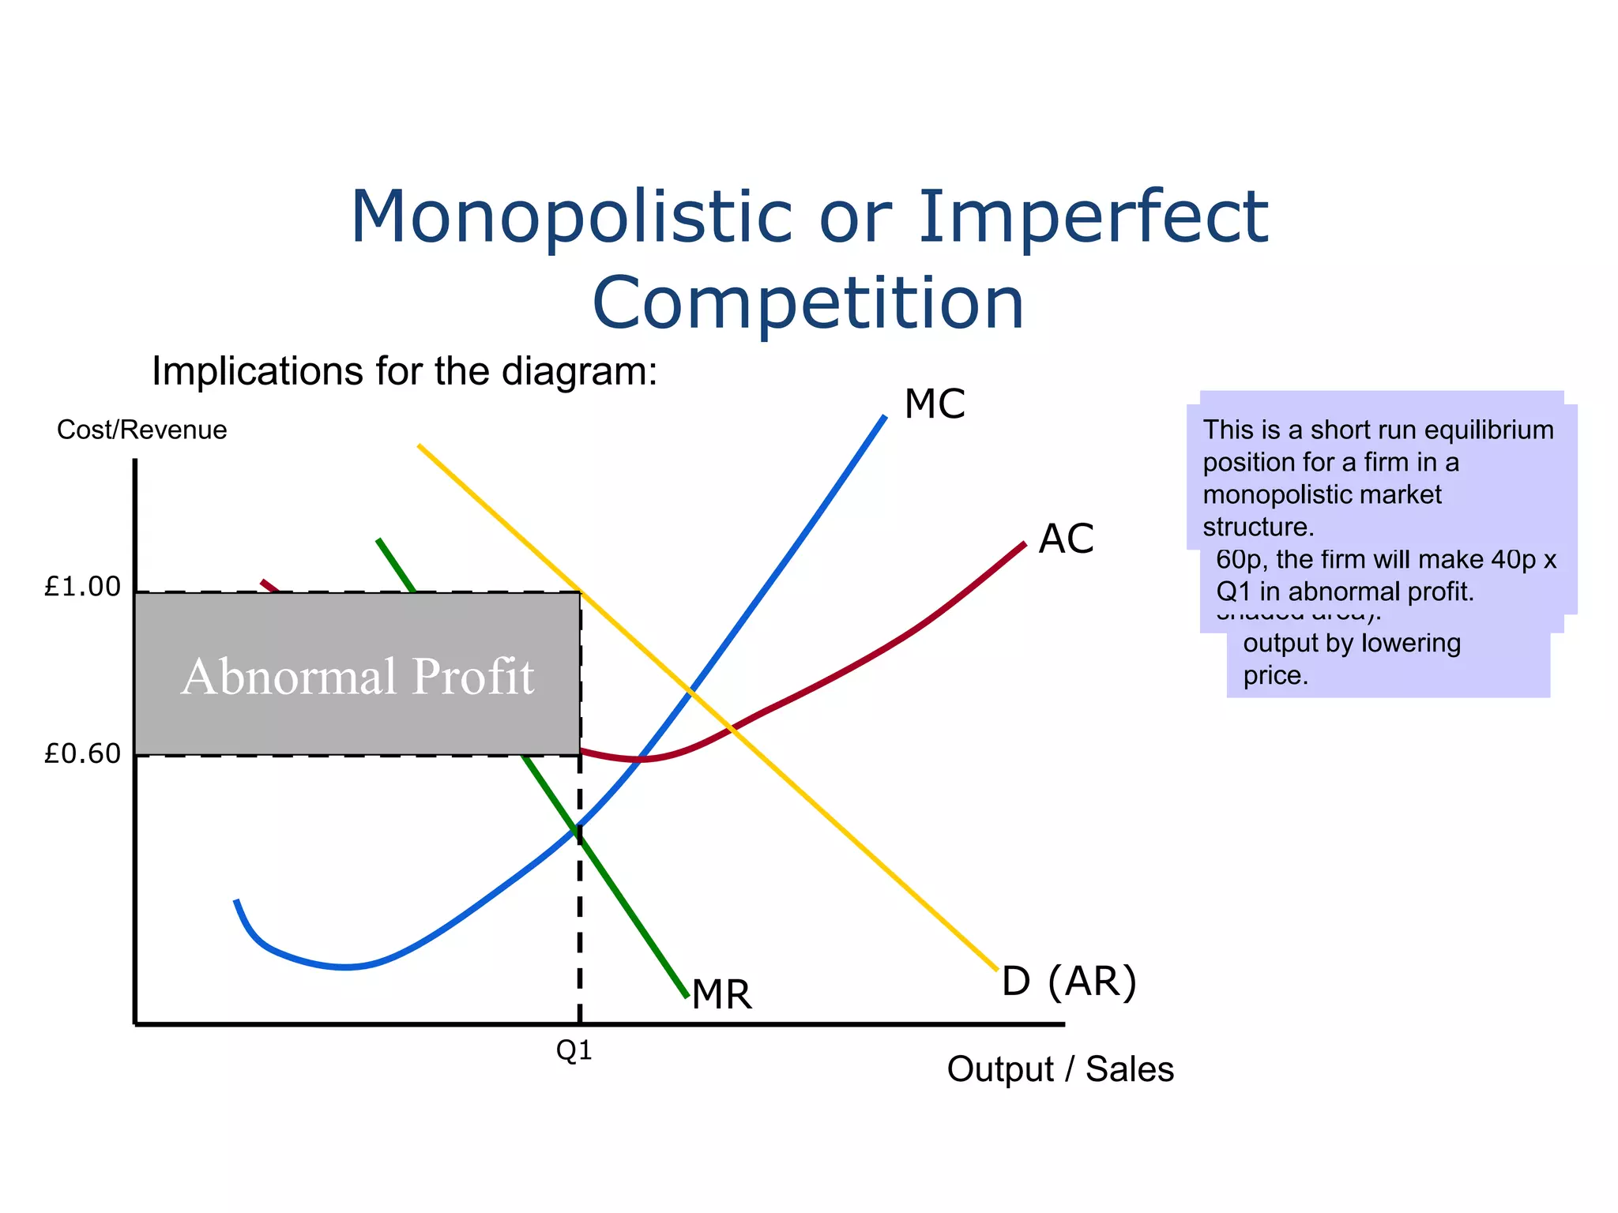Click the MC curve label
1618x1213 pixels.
point(935,404)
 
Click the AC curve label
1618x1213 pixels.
point(1066,539)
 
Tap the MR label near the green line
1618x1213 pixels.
point(721,994)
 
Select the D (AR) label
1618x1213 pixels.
point(1069,982)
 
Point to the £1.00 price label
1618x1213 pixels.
point(83,587)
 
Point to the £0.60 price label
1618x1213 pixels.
point(83,754)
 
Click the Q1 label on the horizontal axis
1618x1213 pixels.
point(574,1050)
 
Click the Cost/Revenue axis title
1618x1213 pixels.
point(142,430)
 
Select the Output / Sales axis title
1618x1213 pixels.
point(1060,1069)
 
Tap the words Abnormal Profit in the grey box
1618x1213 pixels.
point(358,677)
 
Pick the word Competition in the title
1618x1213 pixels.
point(808,303)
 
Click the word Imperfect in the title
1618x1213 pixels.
point(1093,216)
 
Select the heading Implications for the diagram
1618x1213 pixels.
point(404,371)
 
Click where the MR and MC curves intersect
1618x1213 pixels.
point(580,826)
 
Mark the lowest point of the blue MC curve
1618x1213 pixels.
point(345,967)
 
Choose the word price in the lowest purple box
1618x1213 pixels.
point(1275,676)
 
